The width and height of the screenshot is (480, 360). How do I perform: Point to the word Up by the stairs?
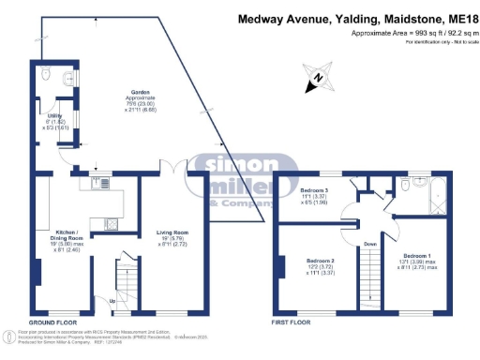pyautogui.click(x=114, y=301)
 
